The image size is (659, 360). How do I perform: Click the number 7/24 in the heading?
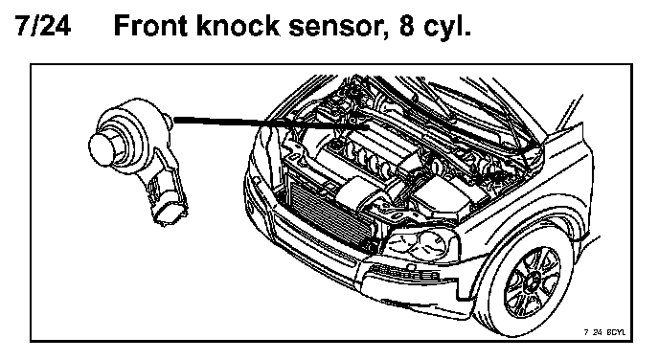[x=43, y=26]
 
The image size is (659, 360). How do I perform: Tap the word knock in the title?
[x=238, y=26]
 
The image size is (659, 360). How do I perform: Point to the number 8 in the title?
[x=407, y=26]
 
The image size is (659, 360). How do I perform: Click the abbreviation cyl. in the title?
[x=446, y=27]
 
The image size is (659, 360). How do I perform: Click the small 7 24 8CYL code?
[x=604, y=332]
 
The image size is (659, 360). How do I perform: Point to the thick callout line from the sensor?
[x=271, y=123]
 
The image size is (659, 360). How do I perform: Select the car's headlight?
[x=420, y=245]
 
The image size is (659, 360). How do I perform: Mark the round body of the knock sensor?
[x=134, y=126]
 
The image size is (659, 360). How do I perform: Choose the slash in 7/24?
[x=35, y=26]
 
